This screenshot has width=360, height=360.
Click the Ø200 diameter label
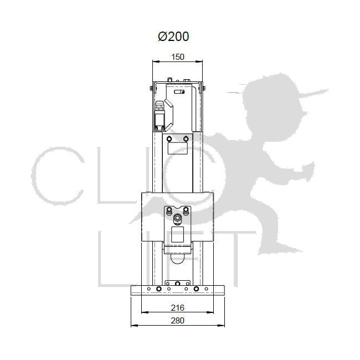(x=173, y=37)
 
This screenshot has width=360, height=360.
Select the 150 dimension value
(x=178, y=56)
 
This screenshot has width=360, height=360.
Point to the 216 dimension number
(x=177, y=307)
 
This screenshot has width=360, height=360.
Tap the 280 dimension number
(x=177, y=320)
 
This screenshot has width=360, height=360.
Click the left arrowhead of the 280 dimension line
(x=133, y=325)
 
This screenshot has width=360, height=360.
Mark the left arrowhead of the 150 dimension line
(x=155, y=63)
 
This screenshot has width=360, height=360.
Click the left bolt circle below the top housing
(x=169, y=138)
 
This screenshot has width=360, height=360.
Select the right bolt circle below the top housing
(x=186, y=138)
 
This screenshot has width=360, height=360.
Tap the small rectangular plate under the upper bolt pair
(x=177, y=148)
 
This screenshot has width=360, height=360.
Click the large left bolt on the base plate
(x=159, y=289)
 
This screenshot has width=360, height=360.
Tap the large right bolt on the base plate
(x=196, y=289)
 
